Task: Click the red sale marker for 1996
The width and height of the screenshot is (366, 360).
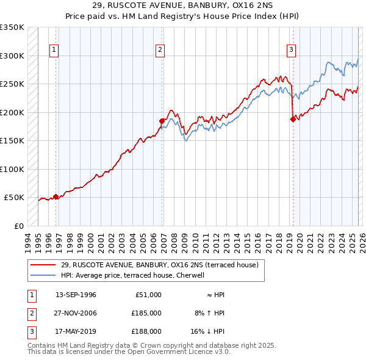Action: click(x=56, y=196)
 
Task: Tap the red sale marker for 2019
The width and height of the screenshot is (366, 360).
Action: click(x=293, y=119)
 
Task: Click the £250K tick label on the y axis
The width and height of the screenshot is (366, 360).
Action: click(x=12, y=84)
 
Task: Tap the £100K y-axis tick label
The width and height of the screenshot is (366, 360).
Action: click(x=12, y=169)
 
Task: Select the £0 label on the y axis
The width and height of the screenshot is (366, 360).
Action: click(x=18, y=226)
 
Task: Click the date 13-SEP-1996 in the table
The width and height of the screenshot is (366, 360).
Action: click(x=76, y=295)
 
